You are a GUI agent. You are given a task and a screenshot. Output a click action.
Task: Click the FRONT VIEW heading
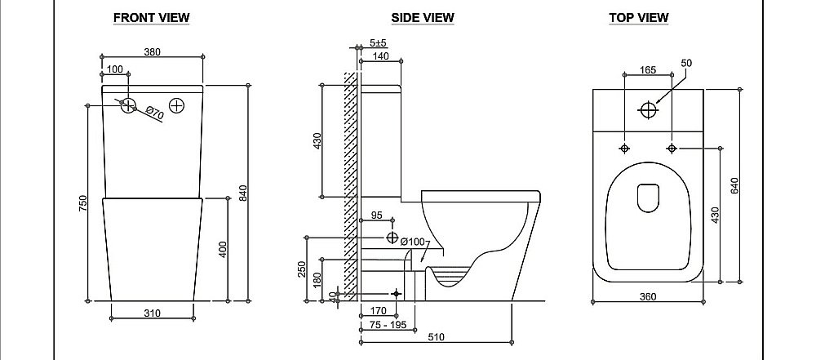click(x=152, y=17)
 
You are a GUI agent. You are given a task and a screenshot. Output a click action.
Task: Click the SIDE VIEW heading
click(x=422, y=17)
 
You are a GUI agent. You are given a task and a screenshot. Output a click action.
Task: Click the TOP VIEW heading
click(x=639, y=17)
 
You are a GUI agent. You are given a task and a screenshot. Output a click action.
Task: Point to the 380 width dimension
click(x=153, y=51)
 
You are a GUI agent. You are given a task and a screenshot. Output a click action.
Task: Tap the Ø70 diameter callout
click(x=155, y=115)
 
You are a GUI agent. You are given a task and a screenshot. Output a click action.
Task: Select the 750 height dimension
click(x=83, y=204)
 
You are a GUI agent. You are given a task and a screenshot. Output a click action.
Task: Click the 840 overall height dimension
click(x=242, y=192)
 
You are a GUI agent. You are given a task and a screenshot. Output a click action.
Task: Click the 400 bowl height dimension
click(x=222, y=249)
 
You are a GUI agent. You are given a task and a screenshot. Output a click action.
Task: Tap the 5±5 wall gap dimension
click(x=378, y=42)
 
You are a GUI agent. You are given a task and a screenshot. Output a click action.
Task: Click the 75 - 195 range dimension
click(x=386, y=325)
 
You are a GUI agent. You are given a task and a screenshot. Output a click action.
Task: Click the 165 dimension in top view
click(x=648, y=71)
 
